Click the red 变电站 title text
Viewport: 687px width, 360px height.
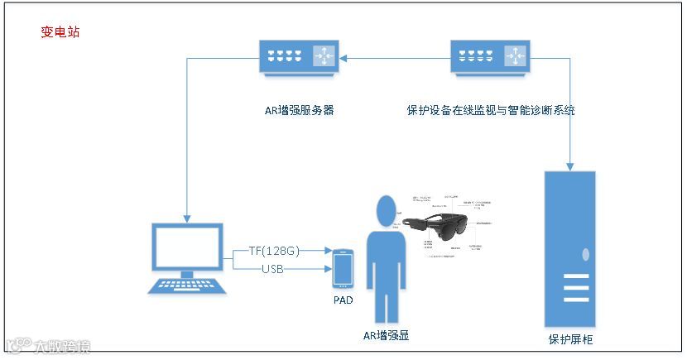[60, 32]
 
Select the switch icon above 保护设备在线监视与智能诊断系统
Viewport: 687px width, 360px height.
[491, 56]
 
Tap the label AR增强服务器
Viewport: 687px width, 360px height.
[295, 109]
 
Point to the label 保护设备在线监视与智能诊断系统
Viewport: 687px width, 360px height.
[491, 109]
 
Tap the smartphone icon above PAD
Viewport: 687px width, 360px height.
[343, 266]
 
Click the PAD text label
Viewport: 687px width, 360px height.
[343, 300]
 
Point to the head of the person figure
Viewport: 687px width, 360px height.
[385, 211]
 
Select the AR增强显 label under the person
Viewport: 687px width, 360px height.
[387, 335]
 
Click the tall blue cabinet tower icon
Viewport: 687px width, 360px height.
[569, 248]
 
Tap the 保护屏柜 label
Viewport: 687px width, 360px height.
[570, 339]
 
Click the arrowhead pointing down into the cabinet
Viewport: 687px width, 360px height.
[570, 165]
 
